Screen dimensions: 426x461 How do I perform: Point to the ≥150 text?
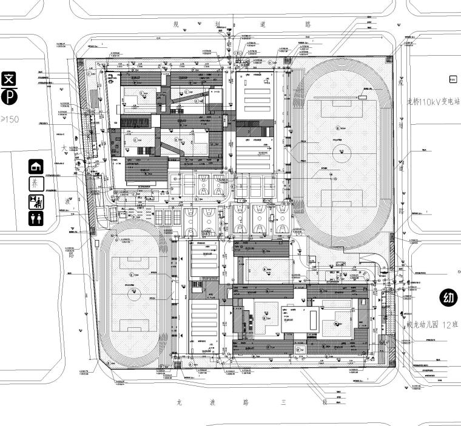click(10, 119)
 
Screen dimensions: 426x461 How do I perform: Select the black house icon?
click(36, 166)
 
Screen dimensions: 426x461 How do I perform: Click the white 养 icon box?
click(36, 184)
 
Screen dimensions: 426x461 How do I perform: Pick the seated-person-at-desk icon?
click(36, 201)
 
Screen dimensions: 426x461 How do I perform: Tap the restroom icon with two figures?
click(36, 218)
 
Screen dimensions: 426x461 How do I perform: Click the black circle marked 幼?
click(448, 298)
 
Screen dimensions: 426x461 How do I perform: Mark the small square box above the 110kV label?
click(452, 79)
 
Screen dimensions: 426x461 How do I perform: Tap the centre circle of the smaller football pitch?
click(133, 293)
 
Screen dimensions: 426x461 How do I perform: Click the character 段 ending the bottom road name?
click(325, 402)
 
